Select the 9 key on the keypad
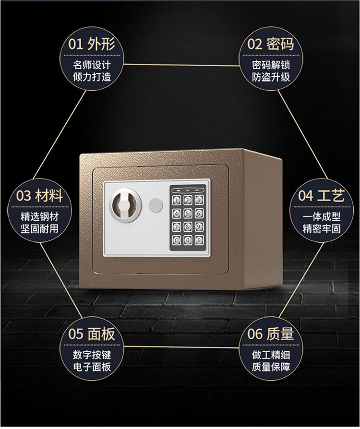click(x=197, y=227)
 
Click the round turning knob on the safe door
click(x=126, y=203)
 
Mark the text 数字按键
click(x=92, y=355)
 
